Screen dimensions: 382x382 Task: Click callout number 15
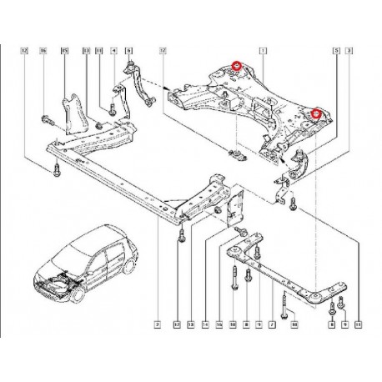tap(64, 52)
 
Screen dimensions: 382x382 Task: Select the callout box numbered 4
tap(113, 52)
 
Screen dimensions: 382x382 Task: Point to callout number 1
tap(264, 52)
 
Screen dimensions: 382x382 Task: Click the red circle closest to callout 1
tap(237, 65)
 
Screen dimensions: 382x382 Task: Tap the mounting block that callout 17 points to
tap(236, 154)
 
